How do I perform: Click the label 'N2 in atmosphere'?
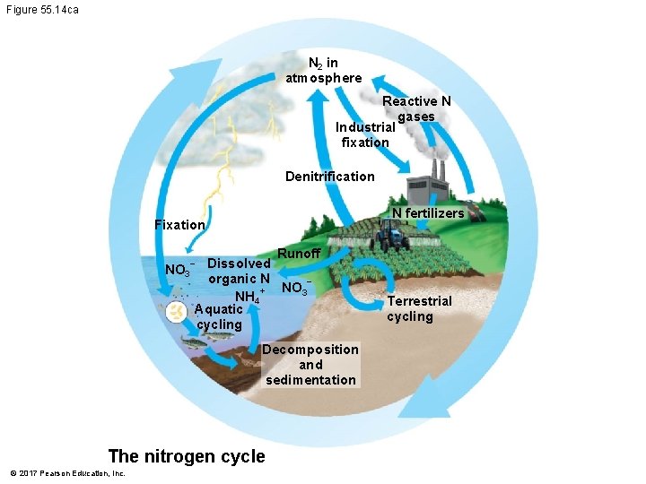(324, 70)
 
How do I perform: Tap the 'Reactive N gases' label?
(416, 108)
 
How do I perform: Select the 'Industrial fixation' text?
(366, 134)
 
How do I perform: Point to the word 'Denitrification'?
(330, 176)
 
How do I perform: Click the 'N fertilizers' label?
(428, 213)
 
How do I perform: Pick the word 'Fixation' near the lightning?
(179, 224)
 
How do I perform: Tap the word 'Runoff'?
(299, 254)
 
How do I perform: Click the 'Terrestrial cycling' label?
(419, 308)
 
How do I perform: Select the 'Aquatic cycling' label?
(219, 316)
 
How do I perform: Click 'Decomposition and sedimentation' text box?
(310, 365)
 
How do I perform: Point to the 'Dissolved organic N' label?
(239, 271)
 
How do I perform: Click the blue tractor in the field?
(391, 238)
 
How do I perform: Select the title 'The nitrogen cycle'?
(187, 456)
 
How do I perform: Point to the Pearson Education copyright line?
(67, 473)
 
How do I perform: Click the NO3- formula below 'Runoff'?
(295, 289)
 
